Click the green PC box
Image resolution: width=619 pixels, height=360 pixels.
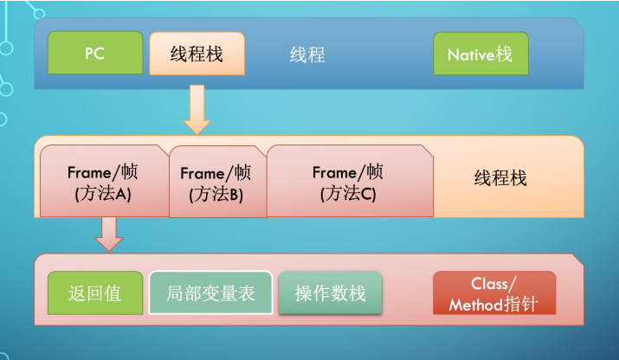94,54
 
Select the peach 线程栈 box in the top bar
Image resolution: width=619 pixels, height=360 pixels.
197,54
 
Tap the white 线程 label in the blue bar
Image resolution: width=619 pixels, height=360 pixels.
307,55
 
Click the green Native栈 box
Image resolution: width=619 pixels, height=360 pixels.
480,55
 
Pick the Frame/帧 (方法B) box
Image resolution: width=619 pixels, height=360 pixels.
216,183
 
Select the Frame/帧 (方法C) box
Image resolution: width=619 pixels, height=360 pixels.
348,182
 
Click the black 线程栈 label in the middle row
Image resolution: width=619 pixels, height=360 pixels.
500,178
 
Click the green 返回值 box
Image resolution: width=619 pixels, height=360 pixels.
94,293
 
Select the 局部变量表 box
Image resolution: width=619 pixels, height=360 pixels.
210,293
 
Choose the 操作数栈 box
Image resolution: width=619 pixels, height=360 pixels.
330,293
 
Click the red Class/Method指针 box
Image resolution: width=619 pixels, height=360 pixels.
493,293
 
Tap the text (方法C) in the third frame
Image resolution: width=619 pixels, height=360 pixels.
348,193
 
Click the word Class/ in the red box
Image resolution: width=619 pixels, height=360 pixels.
494,284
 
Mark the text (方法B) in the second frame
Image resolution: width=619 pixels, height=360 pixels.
216,195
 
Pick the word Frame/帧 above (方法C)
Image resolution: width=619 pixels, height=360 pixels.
348,171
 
